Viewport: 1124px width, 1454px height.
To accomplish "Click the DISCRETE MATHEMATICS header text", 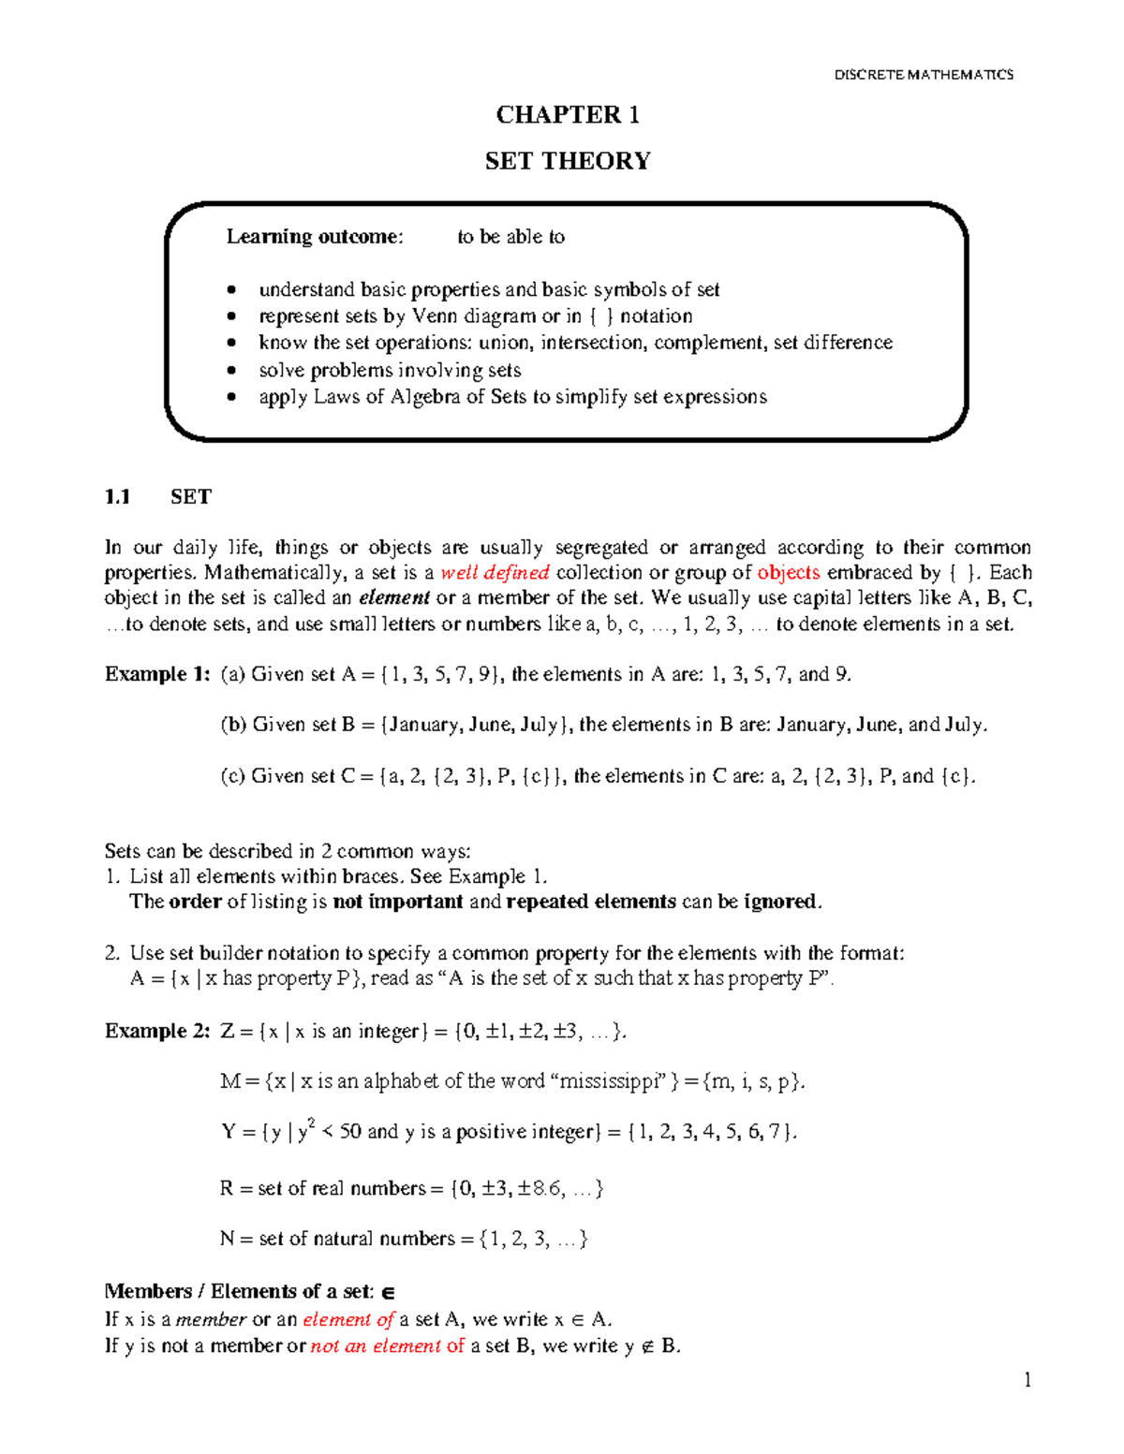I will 923,74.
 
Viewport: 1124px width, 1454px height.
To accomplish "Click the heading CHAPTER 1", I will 568,115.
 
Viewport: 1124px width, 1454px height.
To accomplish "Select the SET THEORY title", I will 568,161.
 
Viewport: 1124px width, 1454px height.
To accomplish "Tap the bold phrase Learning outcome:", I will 314,237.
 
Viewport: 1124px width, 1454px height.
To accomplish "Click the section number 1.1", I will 117,497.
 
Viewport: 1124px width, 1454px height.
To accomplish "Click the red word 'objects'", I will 788,573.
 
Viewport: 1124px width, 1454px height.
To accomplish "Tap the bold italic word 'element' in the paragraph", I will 393,598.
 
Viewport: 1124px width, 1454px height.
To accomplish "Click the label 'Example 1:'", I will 157,674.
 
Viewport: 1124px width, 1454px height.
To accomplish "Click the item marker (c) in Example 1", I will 232,776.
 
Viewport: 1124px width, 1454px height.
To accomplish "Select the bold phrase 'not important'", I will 398,902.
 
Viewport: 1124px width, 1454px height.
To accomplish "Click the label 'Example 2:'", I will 157,1031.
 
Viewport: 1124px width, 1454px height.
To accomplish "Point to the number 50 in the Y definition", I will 350,1132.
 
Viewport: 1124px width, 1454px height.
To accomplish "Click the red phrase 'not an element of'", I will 387,1346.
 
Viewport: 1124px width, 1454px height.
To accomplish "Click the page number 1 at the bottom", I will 1028,1379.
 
